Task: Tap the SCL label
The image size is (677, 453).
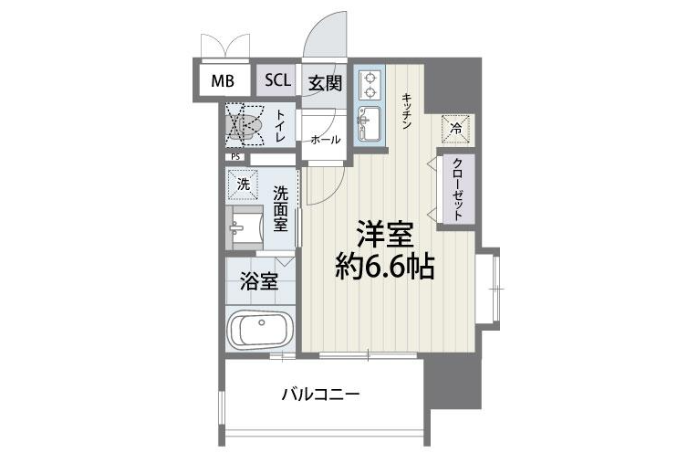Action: point(277,79)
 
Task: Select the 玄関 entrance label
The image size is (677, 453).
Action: point(324,81)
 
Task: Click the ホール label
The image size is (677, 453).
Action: point(325,140)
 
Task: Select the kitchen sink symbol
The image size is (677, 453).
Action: point(370,120)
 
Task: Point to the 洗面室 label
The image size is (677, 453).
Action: point(281,209)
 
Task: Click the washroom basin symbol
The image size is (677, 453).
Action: point(245,226)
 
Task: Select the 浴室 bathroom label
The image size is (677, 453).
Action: point(259,281)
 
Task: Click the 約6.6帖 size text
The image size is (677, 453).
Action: point(382,268)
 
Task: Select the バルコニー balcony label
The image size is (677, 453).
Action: point(320,395)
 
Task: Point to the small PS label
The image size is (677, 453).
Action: point(235,156)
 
